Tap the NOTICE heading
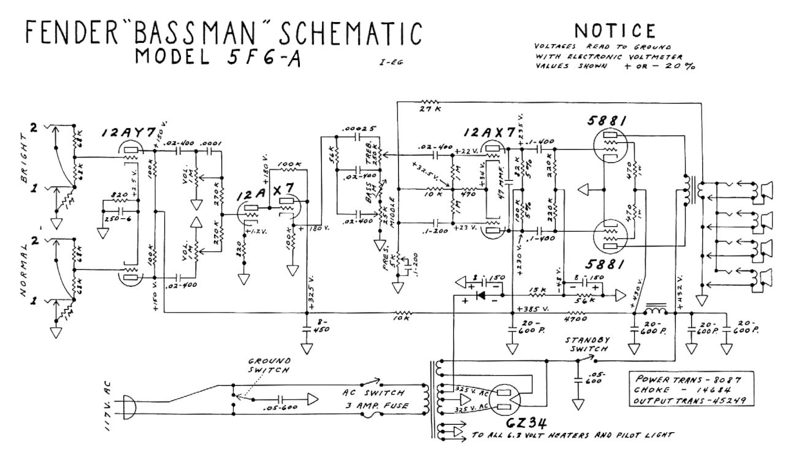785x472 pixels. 613,29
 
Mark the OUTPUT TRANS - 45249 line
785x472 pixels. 691,401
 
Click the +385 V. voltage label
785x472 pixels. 532,309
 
